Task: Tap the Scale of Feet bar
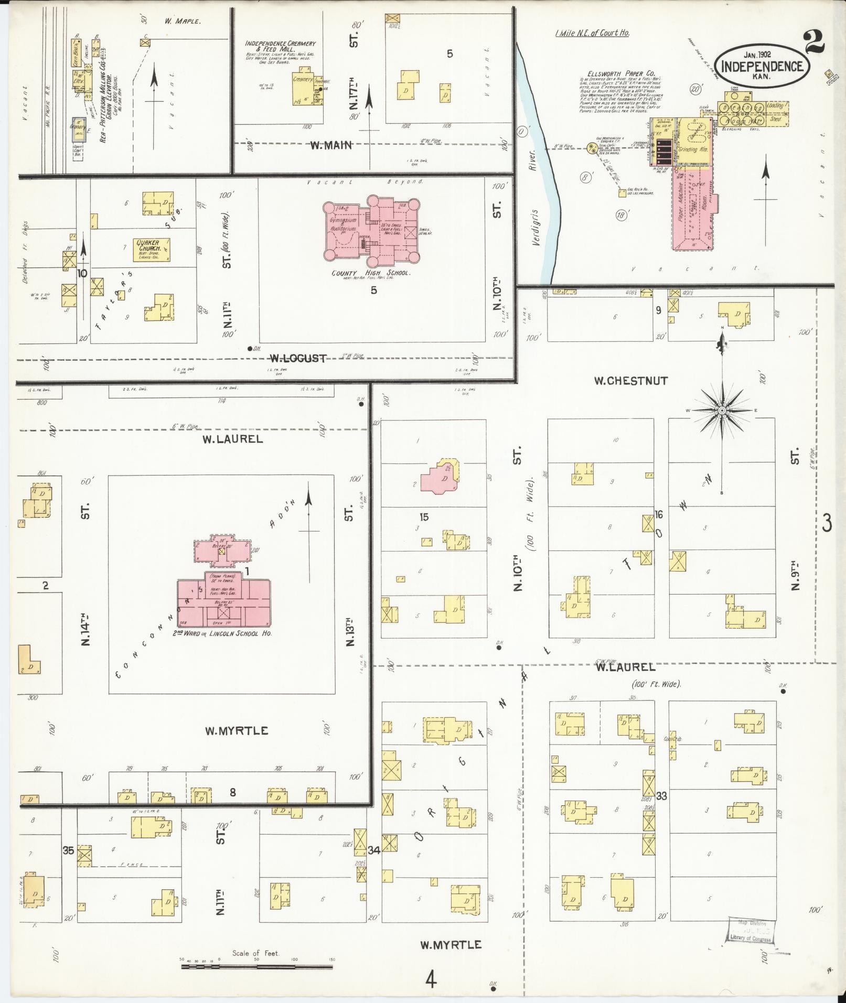[258, 965]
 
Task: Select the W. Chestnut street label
[630, 381]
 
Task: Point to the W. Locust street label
[298, 359]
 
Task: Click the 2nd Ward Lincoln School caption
[225, 633]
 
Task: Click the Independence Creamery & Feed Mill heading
[281, 46]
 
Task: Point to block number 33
[661, 811]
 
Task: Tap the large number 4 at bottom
[431, 979]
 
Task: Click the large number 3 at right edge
[827, 523]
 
